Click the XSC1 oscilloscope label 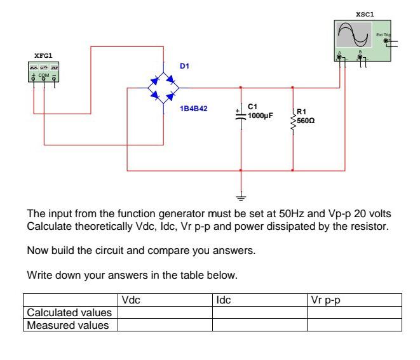pyautogui.click(x=364, y=13)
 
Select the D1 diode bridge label pyautogui.click(x=184, y=65)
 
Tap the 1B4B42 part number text pyautogui.click(x=194, y=109)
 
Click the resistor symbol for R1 pyautogui.click(x=292, y=121)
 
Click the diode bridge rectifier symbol pyautogui.click(x=163, y=88)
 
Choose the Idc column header pyautogui.click(x=223, y=299)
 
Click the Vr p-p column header pyautogui.click(x=322, y=299)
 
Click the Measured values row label pyautogui.click(x=66, y=325)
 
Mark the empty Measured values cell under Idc pyautogui.click(x=259, y=325)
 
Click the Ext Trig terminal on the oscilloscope pyautogui.click(x=384, y=40)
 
